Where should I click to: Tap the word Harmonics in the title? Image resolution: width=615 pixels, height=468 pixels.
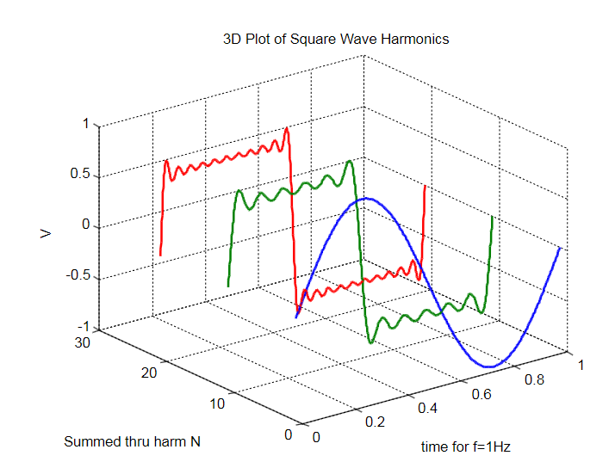417,40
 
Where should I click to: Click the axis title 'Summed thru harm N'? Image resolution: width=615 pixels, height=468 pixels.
132,442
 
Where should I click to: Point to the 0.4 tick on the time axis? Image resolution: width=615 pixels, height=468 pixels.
428,407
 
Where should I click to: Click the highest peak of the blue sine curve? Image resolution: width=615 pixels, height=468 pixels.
367,199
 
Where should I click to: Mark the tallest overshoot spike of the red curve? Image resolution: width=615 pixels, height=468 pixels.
286,128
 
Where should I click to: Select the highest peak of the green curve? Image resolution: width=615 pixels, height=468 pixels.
350,161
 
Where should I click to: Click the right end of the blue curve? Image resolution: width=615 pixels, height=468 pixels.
561,248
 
